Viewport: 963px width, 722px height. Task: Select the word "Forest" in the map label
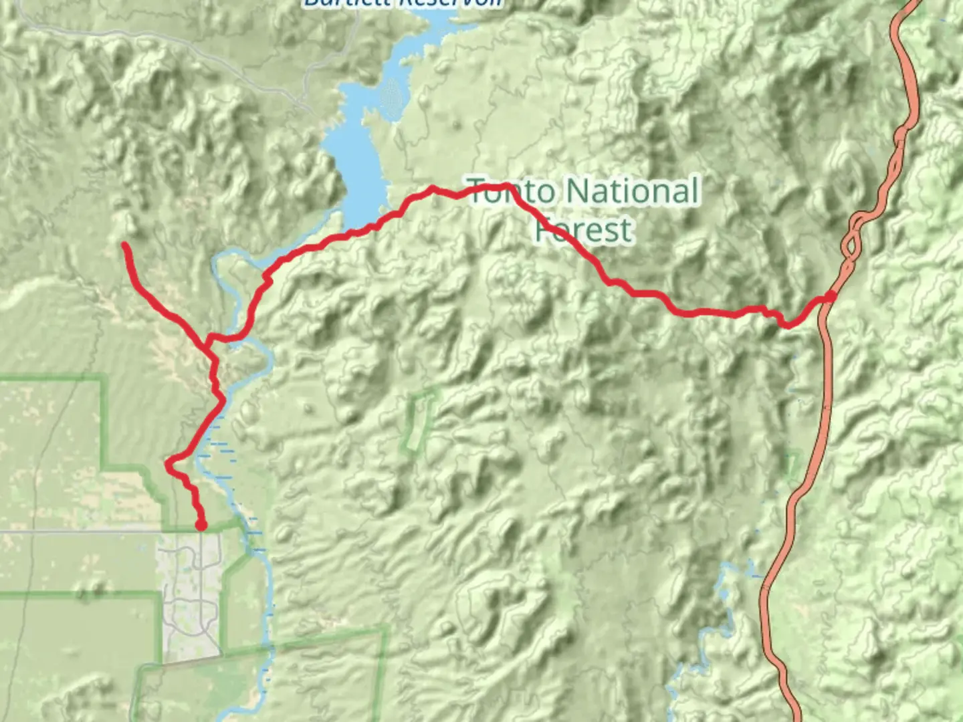click(583, 229)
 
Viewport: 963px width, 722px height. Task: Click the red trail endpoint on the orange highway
click(830, 296)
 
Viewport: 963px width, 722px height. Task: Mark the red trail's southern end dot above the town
click(201, 525)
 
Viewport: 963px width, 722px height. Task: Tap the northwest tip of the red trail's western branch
click(126, 246)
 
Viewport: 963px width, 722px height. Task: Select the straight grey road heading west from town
click(80, 531)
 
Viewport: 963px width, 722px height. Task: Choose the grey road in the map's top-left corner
click(134, 33)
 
